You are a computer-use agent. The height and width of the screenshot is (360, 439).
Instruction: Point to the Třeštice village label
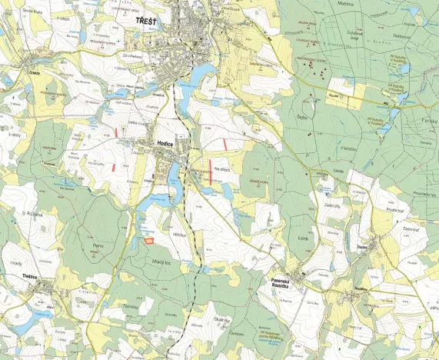(x=30, y=276)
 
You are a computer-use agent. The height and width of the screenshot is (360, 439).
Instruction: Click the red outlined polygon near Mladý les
(x=147, y=241)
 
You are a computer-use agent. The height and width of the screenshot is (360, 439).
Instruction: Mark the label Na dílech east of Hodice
(x=223, y=169)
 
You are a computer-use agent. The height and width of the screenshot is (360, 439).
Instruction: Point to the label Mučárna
(x=345, y=4)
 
